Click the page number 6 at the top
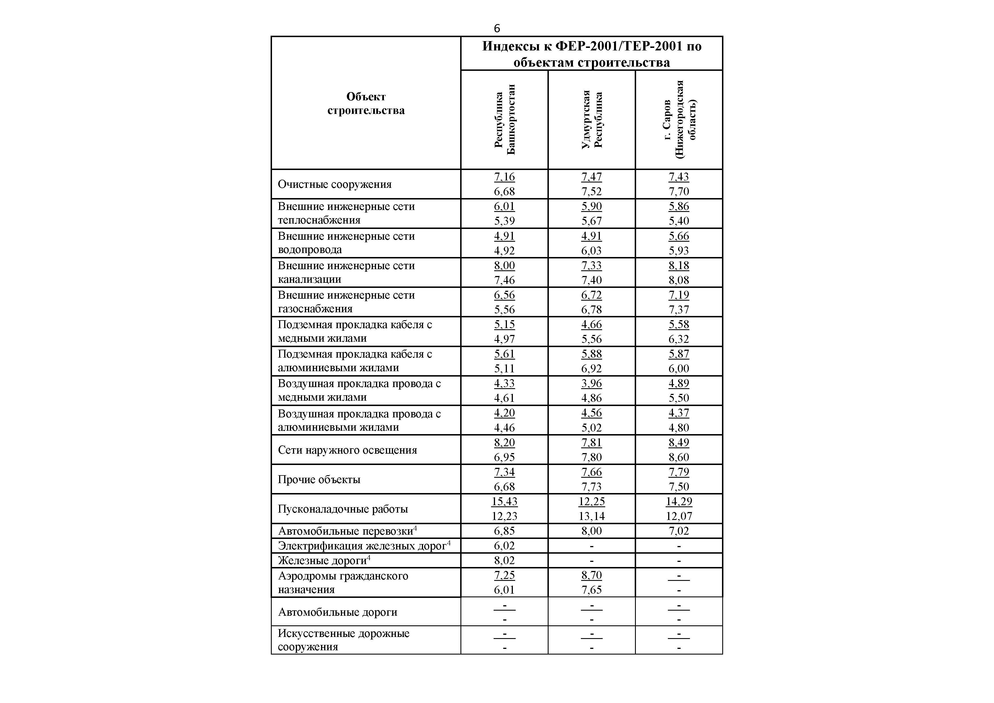[x=496, y=29]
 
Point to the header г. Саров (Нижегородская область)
[x=679, y=120]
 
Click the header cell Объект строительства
[x=366, y=103]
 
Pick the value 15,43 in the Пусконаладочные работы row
[x=504, y=501]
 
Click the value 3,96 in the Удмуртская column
[x=591, y=383]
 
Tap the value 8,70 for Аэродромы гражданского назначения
[x=591, y=575]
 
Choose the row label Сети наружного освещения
[x=347, y=450]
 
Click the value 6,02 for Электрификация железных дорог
[x=504, y=545]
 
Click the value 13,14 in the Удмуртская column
[x=591, y=516]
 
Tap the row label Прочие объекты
[x=319, y=479]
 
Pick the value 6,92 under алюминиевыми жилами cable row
[x=591, y=368]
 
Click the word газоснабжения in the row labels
[x=315, y=309]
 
